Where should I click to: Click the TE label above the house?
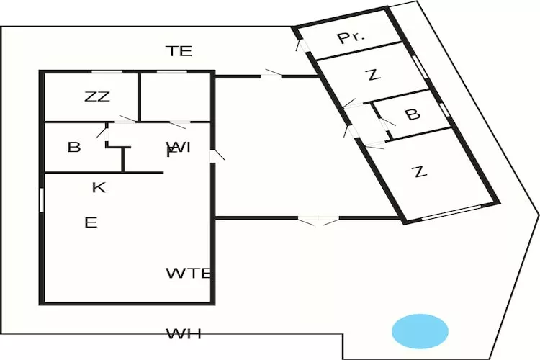[x=179, y=51]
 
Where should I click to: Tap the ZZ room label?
[x=96, y=97]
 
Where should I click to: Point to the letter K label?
[x=99, y=188]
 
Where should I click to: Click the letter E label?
[x=90, y=222]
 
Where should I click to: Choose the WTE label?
[x=187, y=274]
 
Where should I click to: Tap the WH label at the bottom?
[x=184, y=334]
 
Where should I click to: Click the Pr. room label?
[x=351, y=38]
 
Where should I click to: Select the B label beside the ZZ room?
[x=73, y=148]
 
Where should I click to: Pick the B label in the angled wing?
[x=412, y=115]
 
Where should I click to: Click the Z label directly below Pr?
[x=372, y=75]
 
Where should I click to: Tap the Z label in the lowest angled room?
[x=419, y=172]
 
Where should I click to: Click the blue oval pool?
[x=420, y=330]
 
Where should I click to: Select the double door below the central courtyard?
[x=318, y=220]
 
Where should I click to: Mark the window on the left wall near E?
[x=42, y=199]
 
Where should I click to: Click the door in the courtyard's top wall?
[x=271, y=73]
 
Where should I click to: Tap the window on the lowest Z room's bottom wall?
[x=451, y=212]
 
